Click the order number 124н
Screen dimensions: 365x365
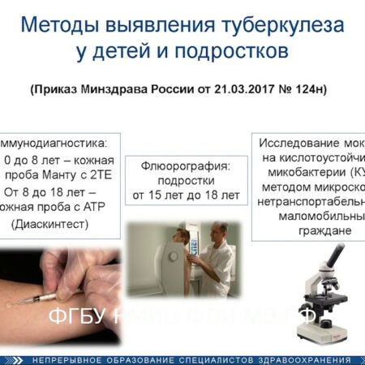313,88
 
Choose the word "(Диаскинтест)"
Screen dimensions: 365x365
48,224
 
